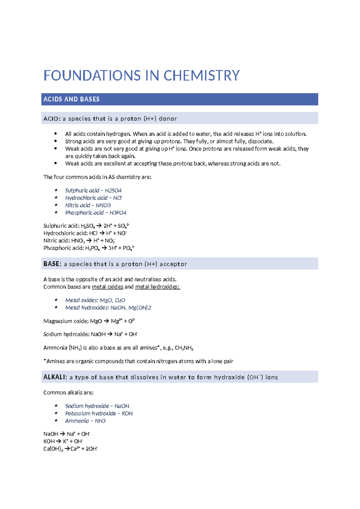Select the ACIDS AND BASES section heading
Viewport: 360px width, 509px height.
[71, 99]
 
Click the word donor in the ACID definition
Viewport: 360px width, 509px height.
[168, 119]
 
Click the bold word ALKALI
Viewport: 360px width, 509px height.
[55, 377]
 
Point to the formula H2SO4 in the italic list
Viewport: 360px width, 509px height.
[113, 191]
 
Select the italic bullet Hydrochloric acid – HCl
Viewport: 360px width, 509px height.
[93, 198]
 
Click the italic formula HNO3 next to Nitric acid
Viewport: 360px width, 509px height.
[103, 205]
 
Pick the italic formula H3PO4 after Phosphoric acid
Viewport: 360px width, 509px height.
[118, 213]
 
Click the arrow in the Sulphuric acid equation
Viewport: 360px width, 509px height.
[99, 226]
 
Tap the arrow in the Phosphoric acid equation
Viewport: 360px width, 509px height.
[104, 248]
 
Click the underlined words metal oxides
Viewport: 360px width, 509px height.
[107, 287]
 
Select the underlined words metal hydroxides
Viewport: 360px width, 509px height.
[157, 287]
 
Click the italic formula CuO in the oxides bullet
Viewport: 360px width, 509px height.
[120, 300]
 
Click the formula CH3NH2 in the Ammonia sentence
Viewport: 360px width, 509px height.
[184, 348]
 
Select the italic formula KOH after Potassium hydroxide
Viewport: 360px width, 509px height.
[127, 414]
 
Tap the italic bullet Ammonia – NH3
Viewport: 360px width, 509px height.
[85, 421]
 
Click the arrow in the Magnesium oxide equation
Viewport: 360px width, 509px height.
[106, 321]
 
